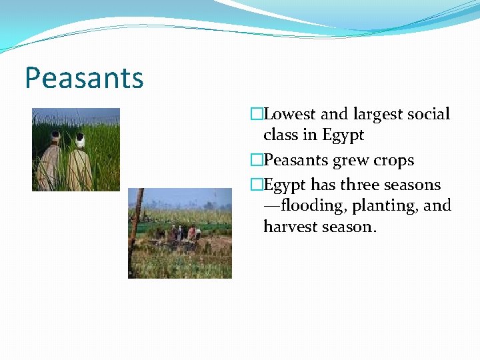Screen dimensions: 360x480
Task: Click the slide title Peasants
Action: [84, 78]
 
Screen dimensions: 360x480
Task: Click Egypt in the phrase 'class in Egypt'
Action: [343, 136]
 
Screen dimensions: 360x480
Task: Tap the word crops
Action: [394, 161]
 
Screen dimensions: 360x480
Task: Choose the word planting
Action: [389, 206]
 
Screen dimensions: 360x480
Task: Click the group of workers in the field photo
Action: [183, 233]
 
